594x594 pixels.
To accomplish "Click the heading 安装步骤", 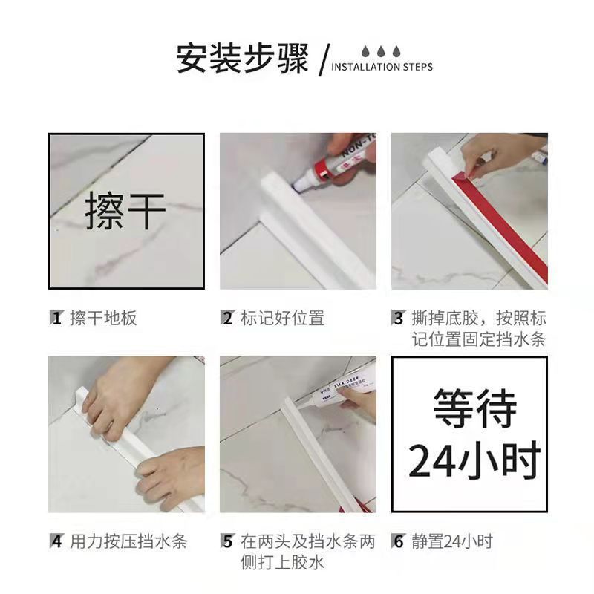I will coord(242,59).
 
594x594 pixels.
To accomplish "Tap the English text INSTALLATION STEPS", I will coord(382,67).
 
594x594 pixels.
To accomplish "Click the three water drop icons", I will coord(381,51).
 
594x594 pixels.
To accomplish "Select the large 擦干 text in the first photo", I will coord(126,210).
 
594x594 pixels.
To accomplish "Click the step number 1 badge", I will coord(56,319).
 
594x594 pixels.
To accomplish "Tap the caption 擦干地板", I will coord(103,319).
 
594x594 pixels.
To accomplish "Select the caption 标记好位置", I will coord(282,319).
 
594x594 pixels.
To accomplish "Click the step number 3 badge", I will coord(398,319).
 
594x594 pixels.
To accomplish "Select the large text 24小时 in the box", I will coord(469,460).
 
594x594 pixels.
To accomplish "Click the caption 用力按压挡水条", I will coord(128,541).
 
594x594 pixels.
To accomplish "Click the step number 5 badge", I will coord(227,541).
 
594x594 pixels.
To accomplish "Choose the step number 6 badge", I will coord(398,541).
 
